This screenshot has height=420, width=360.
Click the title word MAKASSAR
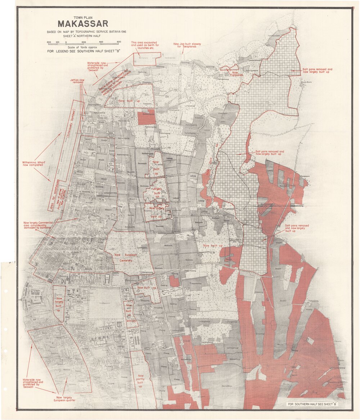coord(83,24)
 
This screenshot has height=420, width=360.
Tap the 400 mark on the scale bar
coord(101,43)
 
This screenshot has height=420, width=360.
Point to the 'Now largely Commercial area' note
coord(38,225)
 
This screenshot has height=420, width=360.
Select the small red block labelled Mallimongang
coord(147,118)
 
